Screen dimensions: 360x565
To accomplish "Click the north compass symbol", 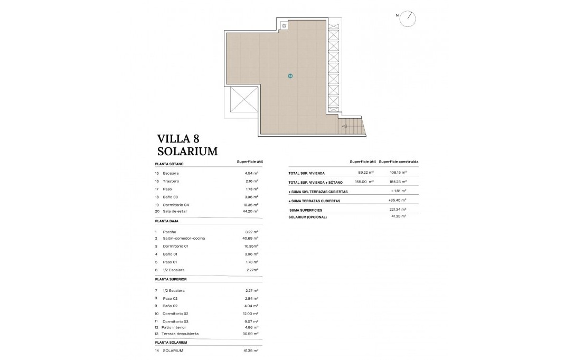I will pos(408,18).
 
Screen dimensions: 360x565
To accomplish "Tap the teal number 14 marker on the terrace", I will pos(290,76).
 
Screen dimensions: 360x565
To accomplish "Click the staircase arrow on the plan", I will pos(345,126).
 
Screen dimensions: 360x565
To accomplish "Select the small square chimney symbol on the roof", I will pos(284,26).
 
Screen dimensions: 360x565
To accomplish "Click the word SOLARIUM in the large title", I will pos(187,151).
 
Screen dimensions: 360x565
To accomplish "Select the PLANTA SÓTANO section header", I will pos(169,164).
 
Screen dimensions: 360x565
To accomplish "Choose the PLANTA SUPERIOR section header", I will pos(171,279).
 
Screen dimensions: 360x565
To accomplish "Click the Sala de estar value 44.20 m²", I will pos(249,211).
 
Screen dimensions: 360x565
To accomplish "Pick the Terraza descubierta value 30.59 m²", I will pos(249,334).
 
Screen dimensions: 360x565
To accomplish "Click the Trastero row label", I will pos(171,181).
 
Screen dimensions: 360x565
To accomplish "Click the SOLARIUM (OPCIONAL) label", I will pos(308,217).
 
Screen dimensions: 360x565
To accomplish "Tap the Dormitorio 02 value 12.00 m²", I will pos(249,314).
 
